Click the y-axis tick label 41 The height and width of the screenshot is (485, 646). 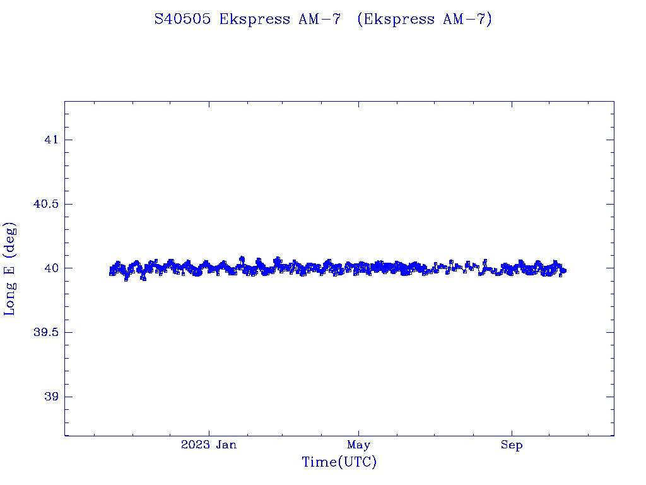click(x=50, y=140)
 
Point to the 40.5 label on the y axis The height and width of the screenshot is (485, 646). click(x=44, y=204)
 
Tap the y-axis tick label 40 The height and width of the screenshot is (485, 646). click(x=50, y=268)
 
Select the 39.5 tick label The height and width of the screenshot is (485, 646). click(x=44, y=333)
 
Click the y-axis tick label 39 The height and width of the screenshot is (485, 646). click(x=50, y=397)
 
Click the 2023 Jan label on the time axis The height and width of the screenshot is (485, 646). click(x=209, y=445)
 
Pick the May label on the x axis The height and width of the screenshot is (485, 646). click(x=358, y=445)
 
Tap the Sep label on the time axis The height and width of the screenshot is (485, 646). click(x=512, y=445)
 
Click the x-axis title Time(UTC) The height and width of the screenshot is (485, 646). click(x=339, y=463)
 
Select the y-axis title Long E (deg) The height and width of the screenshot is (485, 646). click(x=10, y=268)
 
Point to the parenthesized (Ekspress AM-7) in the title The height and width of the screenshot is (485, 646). click(x=424, y=20)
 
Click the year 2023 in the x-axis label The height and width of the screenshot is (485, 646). click(x=195, y=445)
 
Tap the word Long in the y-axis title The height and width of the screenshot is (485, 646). click(x=10, y=299)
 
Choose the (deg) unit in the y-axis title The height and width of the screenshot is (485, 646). click(x=10, y=239)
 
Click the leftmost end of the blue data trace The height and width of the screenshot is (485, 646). click(x=111, y=272)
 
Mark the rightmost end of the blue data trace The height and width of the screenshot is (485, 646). click(x=565, y=271)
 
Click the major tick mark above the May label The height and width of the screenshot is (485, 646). click(x=359, y=431)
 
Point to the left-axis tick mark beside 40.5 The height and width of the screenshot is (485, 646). click(x=68, y=204)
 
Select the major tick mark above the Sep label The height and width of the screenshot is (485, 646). click(x=512, y=431)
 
